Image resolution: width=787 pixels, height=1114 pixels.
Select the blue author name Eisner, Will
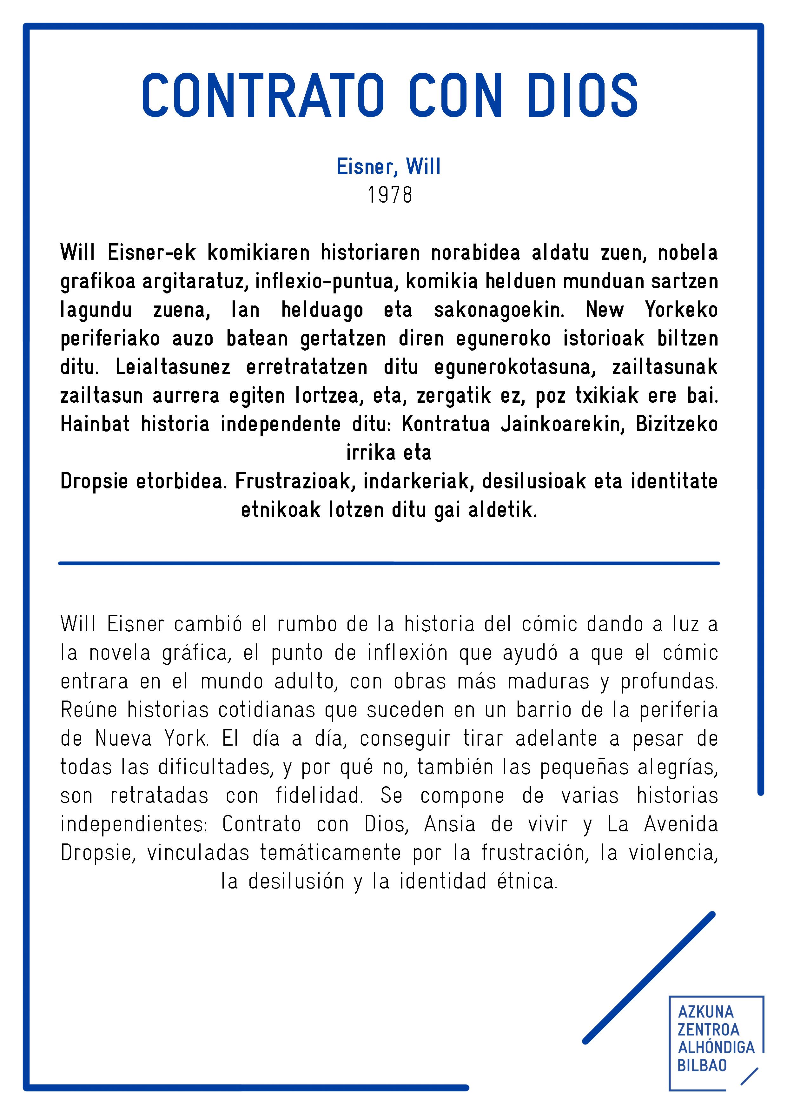pos(389,167)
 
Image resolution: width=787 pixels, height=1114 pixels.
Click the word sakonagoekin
pos(499,310)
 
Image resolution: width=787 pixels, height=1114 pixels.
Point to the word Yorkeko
pos(681,310)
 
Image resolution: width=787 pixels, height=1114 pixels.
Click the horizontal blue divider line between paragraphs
pos(389,563)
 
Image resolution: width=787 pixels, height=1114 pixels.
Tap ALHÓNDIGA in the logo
pos(716,1048)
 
